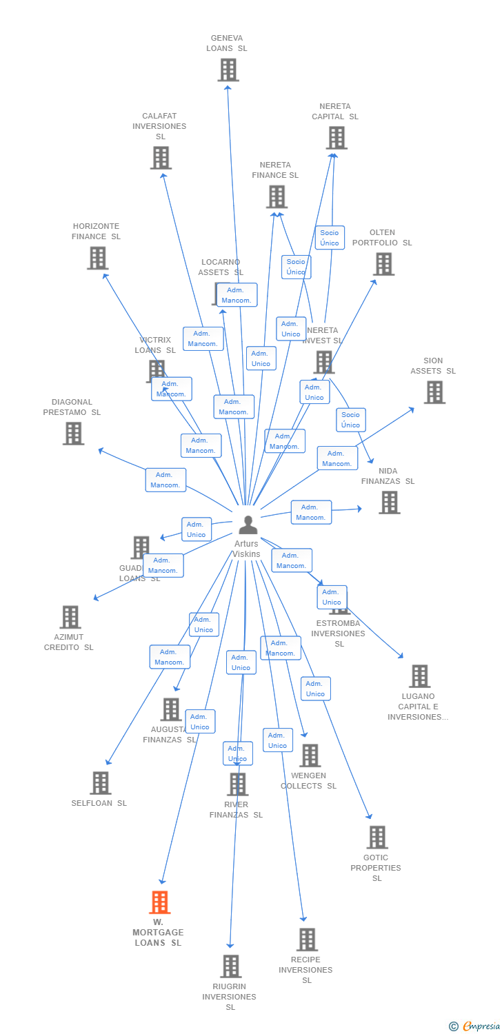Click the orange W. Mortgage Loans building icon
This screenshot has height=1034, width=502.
[x=159, y=902]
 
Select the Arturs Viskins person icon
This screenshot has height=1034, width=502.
[x=248, y=525]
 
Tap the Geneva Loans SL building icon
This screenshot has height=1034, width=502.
[x=228, y=70]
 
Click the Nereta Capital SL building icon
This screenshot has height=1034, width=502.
[x=336, y=138]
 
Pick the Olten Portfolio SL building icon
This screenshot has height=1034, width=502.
[x=383, y=264]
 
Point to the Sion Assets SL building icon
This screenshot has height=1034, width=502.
[x=434, y=392]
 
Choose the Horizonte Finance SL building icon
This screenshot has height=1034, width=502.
[x=97, y=258]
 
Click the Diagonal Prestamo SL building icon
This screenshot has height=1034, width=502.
[x=73, y=434]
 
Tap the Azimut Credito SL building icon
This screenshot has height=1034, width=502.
[x=70, y=617]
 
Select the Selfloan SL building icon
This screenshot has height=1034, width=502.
[x=100, y=783]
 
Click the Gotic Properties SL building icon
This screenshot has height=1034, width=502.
[x=376, y=838]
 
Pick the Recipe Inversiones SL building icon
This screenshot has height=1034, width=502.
[x=307, y=939]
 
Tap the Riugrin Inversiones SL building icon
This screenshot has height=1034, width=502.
[x=230, y=966]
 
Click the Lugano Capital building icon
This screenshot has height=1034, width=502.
[x=419, y=676]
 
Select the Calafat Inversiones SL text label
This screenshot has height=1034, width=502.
[x=159, y=126]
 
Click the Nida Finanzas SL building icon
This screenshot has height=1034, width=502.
[x=389, y=503]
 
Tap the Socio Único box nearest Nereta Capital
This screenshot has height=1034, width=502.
[x=330, y=238]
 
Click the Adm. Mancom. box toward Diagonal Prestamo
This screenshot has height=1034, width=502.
[x=165, y=480]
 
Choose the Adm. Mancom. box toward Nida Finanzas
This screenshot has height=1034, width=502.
[x=311, y=512]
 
